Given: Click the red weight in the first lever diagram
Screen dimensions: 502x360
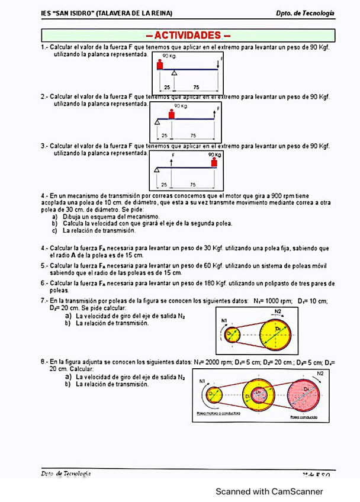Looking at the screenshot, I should coord(159,64).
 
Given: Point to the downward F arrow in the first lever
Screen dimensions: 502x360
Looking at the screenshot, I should coord(218,64).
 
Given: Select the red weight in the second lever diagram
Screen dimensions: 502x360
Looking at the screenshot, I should coord(172,114).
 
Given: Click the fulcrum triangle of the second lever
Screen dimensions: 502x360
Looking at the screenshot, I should coord(157,121).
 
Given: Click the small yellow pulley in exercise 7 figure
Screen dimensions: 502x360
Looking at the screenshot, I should coord(230,334).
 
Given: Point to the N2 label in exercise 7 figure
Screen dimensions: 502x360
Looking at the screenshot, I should coord(278,311).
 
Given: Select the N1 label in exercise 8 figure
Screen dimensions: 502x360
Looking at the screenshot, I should coord(202,381).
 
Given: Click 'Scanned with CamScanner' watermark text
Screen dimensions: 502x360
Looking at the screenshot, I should coord(269,491).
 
